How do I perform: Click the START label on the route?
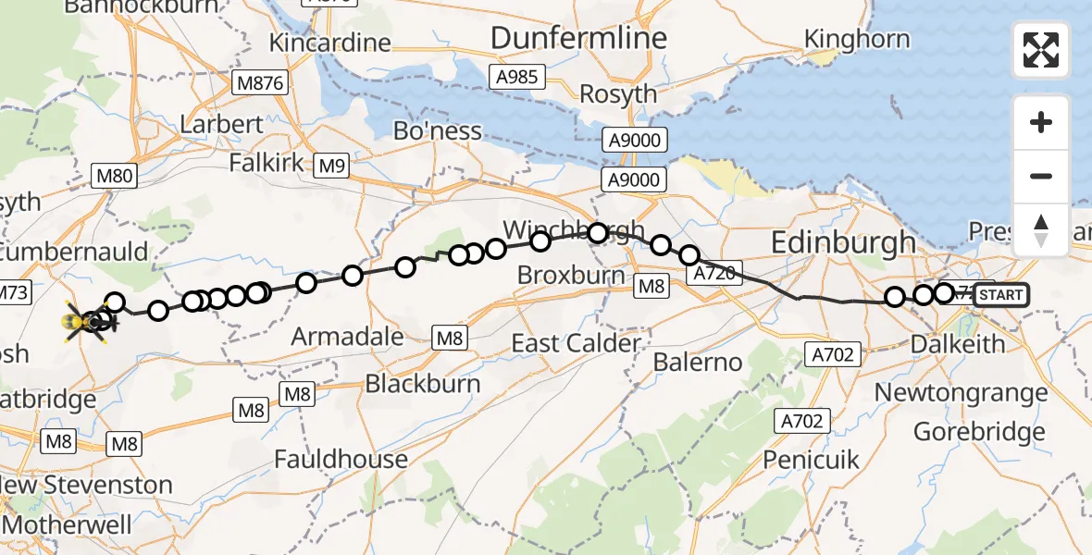tap(999, 296)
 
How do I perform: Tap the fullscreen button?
tap(1041, 50)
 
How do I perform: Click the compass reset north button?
tap(1041, 230)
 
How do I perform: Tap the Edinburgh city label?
tap(843, 244)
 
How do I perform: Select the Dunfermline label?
tap(578, 38)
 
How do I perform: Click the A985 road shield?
tap(516, 77)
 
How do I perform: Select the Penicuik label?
tap(812, 459)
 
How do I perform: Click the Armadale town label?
tap(347, 337)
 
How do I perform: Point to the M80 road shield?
tap(114, 176)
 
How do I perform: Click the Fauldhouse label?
tap(341, 459)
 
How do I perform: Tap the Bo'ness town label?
tap(438, 131)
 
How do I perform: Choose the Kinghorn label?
tap(857, 39)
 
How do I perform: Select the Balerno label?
tap(697, 362)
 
